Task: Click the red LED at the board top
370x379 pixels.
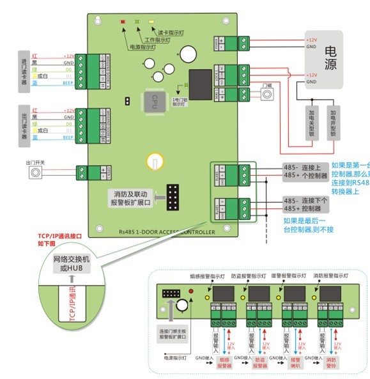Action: (x=123, y=22)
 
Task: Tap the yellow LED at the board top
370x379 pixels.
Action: (x=151, y=22)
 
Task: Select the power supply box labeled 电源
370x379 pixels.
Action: (x=330, y=59)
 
